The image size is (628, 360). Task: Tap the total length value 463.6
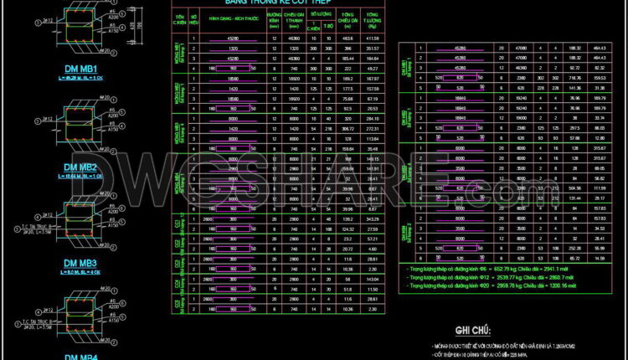347,39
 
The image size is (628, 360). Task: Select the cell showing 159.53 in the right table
599,76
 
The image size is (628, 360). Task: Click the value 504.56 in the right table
574,188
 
